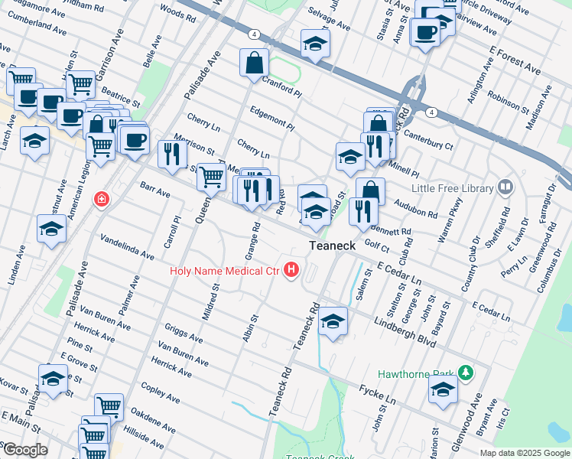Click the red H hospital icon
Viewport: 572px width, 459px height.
point(291,270)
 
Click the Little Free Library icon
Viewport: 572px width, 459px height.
point(505,187)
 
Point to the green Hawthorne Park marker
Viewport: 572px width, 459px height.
point(465,375)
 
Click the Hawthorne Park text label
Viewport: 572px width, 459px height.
point(417,375)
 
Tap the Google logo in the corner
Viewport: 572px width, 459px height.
point(24,450)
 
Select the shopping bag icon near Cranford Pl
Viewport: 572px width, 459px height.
point(253,63)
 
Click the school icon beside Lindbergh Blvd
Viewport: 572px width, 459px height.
point(333,321)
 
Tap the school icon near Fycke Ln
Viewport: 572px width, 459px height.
point(443,389)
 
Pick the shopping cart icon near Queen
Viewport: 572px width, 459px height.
point(211,177)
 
